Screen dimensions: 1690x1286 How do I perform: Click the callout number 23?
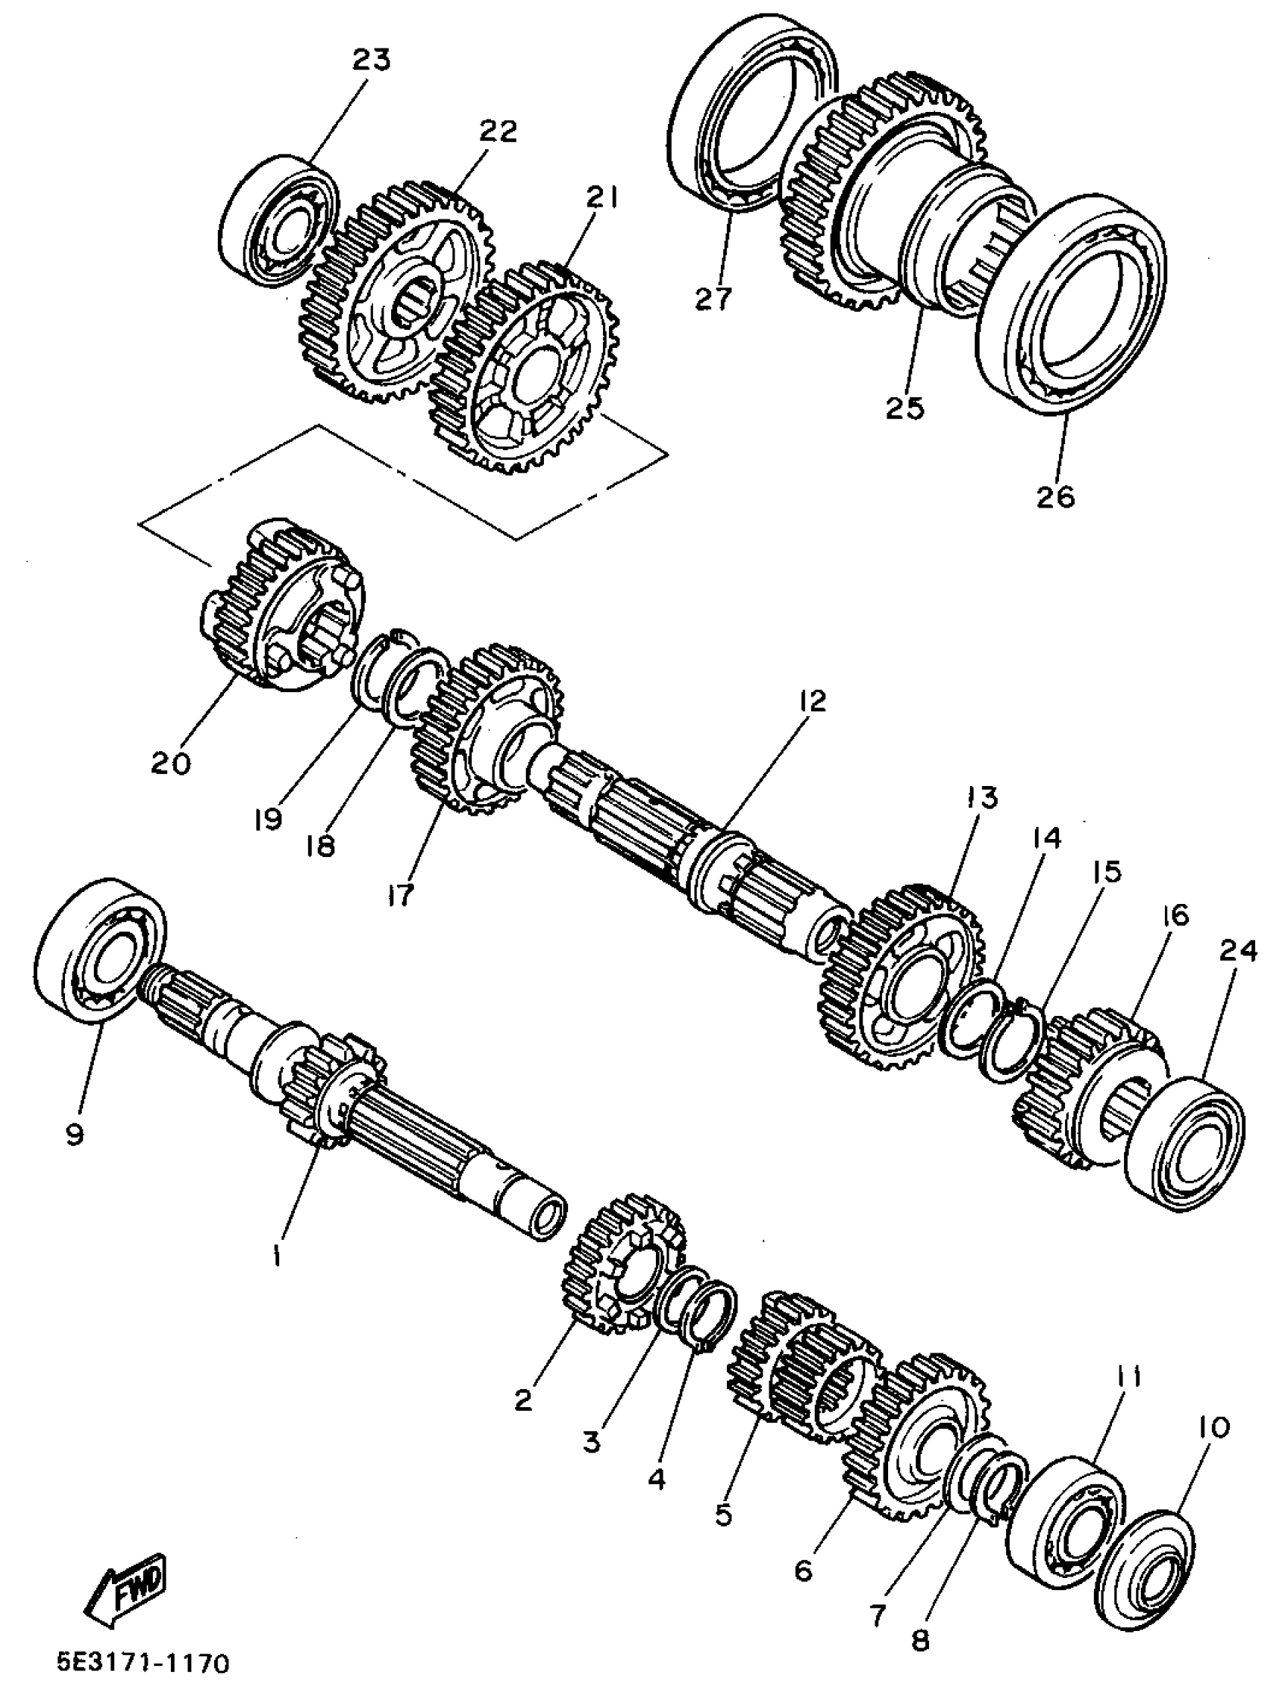click(371, 60)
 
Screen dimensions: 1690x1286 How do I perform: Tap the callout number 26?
click(1055, 496)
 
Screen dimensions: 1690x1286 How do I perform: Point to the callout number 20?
click(171, 763)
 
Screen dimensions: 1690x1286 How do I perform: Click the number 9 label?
click(74, 1135)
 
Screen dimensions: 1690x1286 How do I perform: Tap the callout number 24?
click(1238, 952)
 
